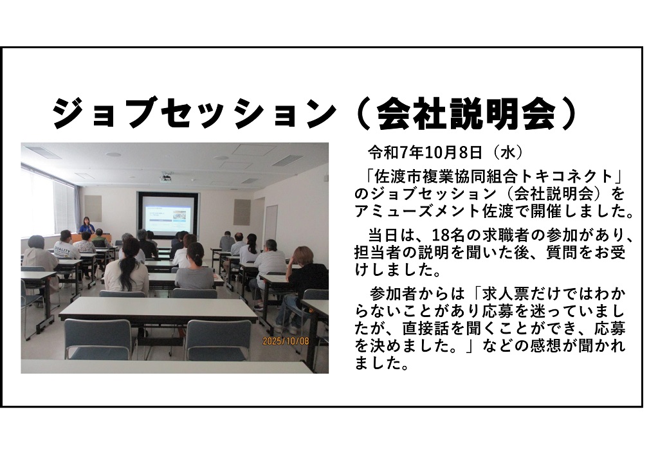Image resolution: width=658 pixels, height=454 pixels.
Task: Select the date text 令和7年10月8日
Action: point(425,153)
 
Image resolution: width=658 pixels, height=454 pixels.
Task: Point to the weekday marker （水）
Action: point(507,153)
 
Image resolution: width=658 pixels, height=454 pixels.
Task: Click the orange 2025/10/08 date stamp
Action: point(286,341)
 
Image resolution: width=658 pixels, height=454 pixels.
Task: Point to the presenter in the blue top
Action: point(86,226)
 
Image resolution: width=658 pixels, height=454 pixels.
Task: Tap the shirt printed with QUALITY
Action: point(66,250)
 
